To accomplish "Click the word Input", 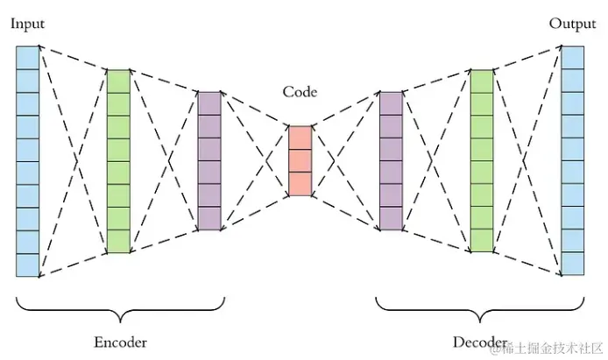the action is pos(27,24).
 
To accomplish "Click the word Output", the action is pos(572,24).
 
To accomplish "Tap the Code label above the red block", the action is pos(300,92).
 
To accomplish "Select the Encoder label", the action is pos(120,342).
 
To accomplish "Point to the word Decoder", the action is pos(479,342).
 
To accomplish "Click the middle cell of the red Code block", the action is pos(300,160).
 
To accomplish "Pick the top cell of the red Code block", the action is pos(300,138).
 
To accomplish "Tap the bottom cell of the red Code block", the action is pos(300,184).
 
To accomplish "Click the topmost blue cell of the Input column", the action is pos(27,58).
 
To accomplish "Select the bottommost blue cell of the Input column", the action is pos(27,265).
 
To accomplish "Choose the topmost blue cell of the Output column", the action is pos(573,58).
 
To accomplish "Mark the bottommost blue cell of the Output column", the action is pos(573,264).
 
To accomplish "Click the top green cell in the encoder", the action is pos(118,81).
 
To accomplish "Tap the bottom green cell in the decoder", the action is pos(482,241).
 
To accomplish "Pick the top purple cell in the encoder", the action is pos(209,103).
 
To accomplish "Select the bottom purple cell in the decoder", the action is pos(391,219).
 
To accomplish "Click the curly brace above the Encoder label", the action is pos(120,311).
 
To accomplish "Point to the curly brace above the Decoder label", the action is pos(479,311).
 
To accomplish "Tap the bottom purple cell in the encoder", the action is pos(209,219).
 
